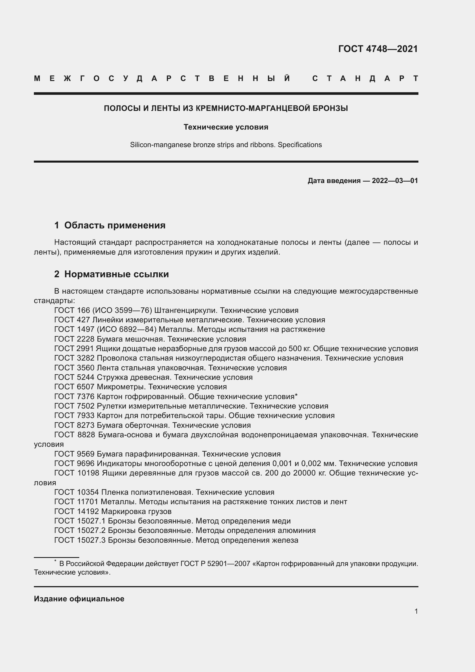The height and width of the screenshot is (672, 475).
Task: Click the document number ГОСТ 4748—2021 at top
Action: (378, 49)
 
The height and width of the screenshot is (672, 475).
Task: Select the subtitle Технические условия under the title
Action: (226, 127)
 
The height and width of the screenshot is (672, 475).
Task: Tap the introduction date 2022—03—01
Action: (395, 181)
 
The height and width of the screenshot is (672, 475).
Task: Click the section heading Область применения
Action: (115, 225)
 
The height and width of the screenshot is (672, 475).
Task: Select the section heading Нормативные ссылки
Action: (116, 274)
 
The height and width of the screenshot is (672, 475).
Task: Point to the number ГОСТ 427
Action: (72, 320)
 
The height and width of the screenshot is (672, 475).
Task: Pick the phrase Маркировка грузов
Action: (136, 511)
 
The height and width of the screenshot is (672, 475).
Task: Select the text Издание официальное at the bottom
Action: (79, 599)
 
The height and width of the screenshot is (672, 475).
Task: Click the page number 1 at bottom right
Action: (416, 611)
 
